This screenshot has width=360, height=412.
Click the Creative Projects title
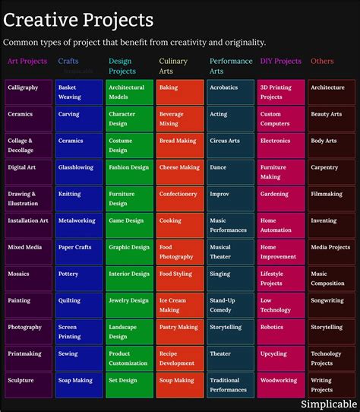pyautogui.click(x=78, y=19)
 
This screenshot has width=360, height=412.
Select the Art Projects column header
pyautogui.click(x=27, y=61)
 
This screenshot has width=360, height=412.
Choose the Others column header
pyautogui.click(x=322, y=61)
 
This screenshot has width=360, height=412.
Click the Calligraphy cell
pyautogui.click(x=28, y=92)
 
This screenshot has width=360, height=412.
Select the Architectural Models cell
pyautogui.click(x=129, y=92)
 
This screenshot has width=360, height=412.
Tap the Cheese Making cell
pyautogui.click(x=180, y=172)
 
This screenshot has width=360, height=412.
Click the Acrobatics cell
pyautogui.click(x=231, y=92)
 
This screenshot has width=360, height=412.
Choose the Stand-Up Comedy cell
pyautogui.click(x=231, y=305)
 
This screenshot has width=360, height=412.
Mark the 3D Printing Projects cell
pyautogui.click(x=282, y=92)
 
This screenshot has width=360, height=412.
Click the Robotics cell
pyautogui.click(x=282, y=331)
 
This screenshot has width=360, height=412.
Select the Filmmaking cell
pyautogui.click(x=332, y=198)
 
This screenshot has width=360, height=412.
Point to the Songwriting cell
pyautogui.click(x=332, y=305)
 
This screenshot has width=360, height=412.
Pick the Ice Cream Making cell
pyautogui.click(x=180, y=305)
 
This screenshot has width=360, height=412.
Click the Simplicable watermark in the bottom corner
pyautogui.click(x=329, y=404)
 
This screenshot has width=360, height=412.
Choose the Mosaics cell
pyautogui.click(x=28, y=278)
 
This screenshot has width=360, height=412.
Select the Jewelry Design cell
pyautogui.click(x=129, y=305)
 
